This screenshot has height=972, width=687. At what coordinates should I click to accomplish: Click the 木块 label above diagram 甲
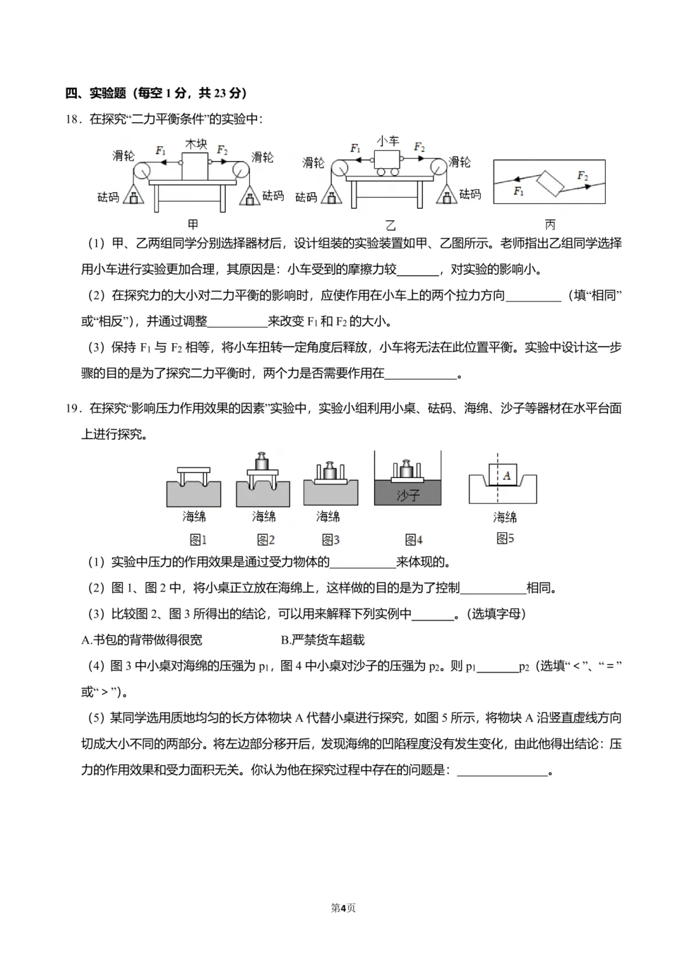tap(196, 144)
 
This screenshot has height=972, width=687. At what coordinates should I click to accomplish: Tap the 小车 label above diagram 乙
tap(387, 141)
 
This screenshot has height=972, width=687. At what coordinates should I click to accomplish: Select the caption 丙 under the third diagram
tap(550, 224)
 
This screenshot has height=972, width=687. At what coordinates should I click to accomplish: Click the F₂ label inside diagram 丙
tap(582, 175)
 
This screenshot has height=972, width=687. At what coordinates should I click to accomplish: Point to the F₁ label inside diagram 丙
tap(518, 191)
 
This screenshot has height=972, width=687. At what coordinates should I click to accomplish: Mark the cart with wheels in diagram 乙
tap(387, 162)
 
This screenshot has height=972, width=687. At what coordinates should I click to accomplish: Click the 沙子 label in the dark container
tap(408, 495)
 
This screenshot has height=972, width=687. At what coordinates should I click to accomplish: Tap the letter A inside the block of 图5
tap(506, 475)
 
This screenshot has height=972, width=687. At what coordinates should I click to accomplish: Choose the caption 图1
tap(198, 540)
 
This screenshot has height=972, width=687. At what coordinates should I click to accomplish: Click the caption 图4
tap(413, 540)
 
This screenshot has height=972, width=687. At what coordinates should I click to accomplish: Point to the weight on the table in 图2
tap(262, 461)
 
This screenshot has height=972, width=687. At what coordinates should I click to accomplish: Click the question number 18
tap(72, 119)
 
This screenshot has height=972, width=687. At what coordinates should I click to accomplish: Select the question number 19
tap(72, 409)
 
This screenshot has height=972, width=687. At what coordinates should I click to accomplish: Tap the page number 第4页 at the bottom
tap(343, 908)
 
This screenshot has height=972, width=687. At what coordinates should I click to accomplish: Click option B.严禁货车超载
tap(323, 640)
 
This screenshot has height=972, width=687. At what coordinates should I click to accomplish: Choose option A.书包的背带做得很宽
tap(142, 640)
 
